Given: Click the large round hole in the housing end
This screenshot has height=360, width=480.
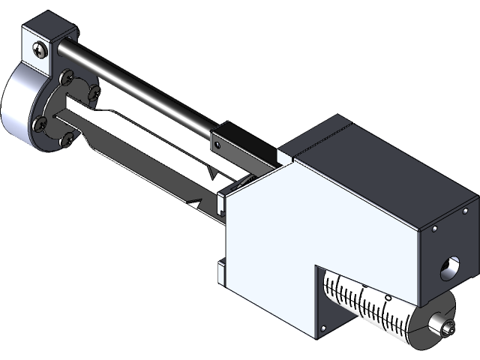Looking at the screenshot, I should pyautogui.click(x=451, y=268).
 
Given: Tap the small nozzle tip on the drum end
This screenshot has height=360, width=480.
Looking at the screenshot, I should pyautogui.click(x=448, y=328).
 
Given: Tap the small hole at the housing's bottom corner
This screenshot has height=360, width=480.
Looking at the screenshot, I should pyautogui.click(x=323, y=328).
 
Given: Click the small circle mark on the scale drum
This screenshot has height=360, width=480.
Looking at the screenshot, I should pyautogui.click(x=388, y=298).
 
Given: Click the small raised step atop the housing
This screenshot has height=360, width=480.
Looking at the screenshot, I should pyautogui.click(x=285, y=155).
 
